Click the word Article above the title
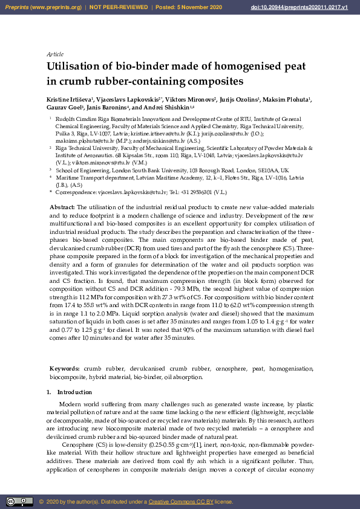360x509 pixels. (x=55, y=54)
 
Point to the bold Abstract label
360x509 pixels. (x=62, y=207)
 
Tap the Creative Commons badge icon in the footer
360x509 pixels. (x=19, y=501)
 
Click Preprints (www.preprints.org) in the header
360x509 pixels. (x=42, y=7)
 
